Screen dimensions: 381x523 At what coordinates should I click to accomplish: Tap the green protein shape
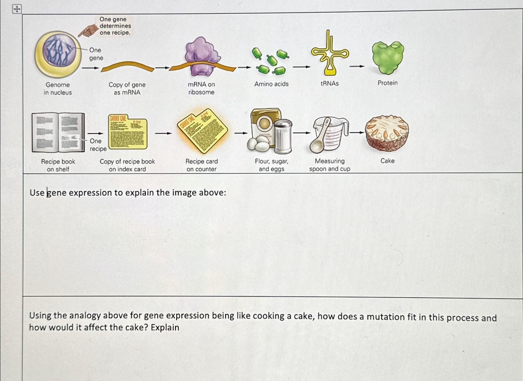tap(387, 57)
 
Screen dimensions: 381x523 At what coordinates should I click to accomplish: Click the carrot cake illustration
tap(387, 133)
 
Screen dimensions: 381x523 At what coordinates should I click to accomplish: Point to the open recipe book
tap(58, 132)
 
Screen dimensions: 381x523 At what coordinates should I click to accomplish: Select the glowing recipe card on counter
tap(202, 130)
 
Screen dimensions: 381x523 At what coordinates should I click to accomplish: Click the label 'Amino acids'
tap(271, 84)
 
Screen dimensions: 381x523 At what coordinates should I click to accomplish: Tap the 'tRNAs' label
tap(330, 83)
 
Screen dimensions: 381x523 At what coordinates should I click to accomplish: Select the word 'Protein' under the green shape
tap(387, 83)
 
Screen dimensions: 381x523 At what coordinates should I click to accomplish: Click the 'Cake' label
tap(387, 161)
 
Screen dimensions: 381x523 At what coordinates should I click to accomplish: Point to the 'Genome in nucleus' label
tap(58, 89)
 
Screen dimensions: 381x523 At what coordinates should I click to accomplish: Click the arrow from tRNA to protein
tap(357, 66)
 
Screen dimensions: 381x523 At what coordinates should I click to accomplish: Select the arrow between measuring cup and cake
tap(356, 133)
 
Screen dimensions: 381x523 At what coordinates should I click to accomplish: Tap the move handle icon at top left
tap(17, 9)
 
